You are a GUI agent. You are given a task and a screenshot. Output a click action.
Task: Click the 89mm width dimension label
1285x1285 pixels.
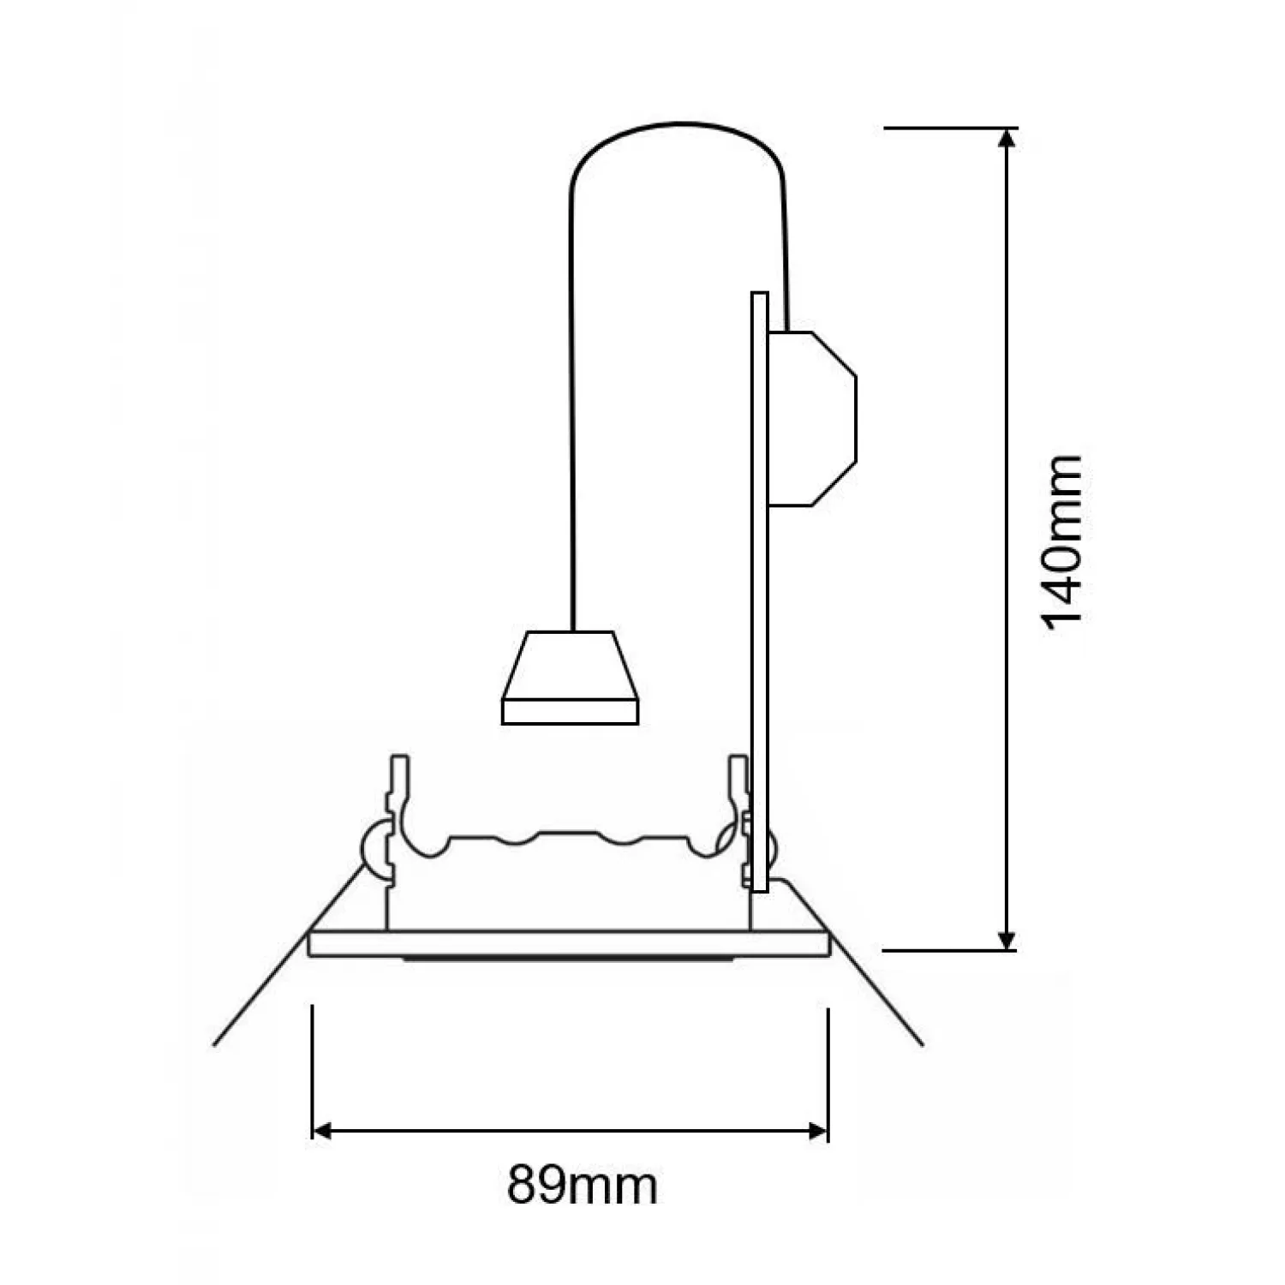pos(583,1186)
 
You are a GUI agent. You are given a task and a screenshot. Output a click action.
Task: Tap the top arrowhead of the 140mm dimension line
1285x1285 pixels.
pos(1008,137)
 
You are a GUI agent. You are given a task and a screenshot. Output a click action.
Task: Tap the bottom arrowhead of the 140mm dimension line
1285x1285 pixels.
pos(1008,940)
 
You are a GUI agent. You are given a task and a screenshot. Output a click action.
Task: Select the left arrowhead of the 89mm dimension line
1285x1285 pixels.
pos(322,1132)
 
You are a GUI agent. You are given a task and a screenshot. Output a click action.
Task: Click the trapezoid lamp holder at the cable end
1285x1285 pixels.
pos(570,678)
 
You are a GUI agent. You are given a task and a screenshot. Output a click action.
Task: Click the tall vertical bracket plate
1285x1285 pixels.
pos(759,592)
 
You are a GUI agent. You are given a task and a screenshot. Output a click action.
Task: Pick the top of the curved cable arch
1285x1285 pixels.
pos(678,123)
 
